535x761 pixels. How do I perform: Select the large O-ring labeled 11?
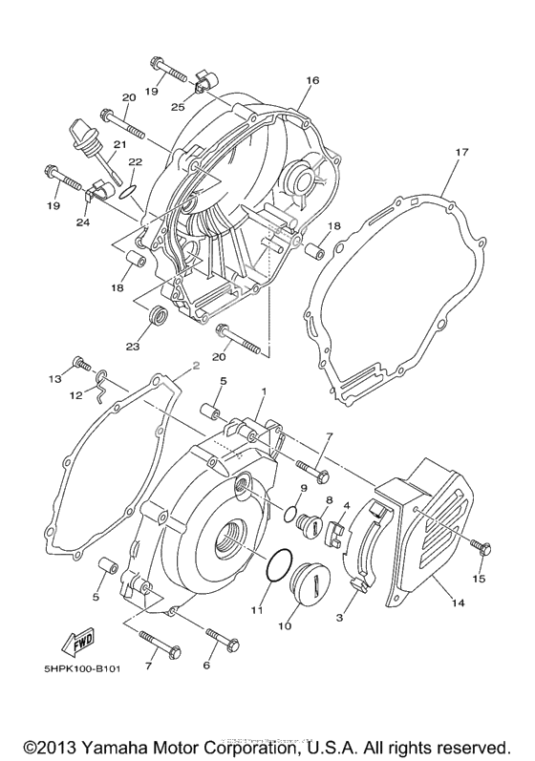[x=275, y=565]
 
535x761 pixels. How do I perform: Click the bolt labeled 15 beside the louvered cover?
[x=481, y=546]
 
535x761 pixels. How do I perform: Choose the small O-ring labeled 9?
[x=289, y=516]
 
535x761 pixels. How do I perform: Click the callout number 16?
[x=311, y=82]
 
